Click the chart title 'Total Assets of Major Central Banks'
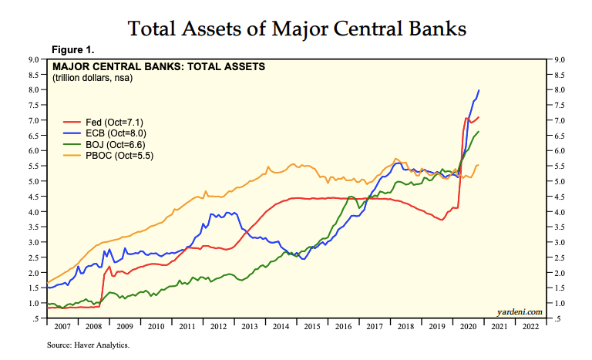click(297, 29)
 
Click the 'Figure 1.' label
click(72, 50)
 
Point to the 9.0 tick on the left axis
click(35, 59)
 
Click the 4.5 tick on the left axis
click(35, 197)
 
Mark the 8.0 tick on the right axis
click(560, 90)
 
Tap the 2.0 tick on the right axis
click(560, 273)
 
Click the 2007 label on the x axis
click(62, 327)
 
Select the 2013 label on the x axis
click(251, 327)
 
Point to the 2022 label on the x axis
click(530, 327)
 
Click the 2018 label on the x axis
click(405, 327)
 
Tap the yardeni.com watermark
click(520, 311)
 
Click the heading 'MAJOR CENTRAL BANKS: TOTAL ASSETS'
click(158, 66)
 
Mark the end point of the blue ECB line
click(479, 90)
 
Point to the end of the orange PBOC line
click(479, 165)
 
